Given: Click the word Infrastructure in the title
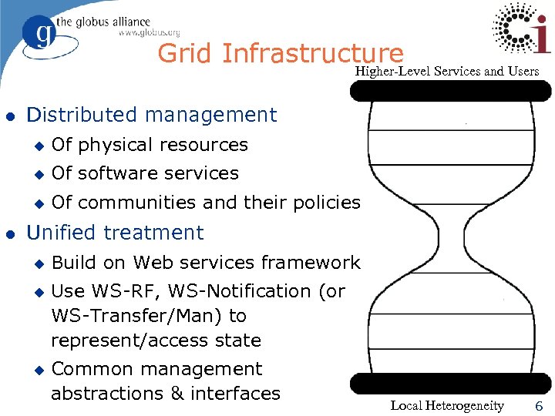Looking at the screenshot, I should click(311, 53).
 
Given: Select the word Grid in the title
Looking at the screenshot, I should click(185, 53).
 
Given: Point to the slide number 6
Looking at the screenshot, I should click(540, 406).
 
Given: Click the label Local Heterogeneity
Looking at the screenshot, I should click(447, 406).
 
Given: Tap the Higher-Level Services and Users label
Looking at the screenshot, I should click(447, 72).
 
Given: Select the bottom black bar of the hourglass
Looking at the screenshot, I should click(450, 384).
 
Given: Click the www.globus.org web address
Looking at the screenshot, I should click(149, 32).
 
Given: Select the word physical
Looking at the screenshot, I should click(119, 145).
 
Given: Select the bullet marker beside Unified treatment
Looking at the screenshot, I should click(10, 233).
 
